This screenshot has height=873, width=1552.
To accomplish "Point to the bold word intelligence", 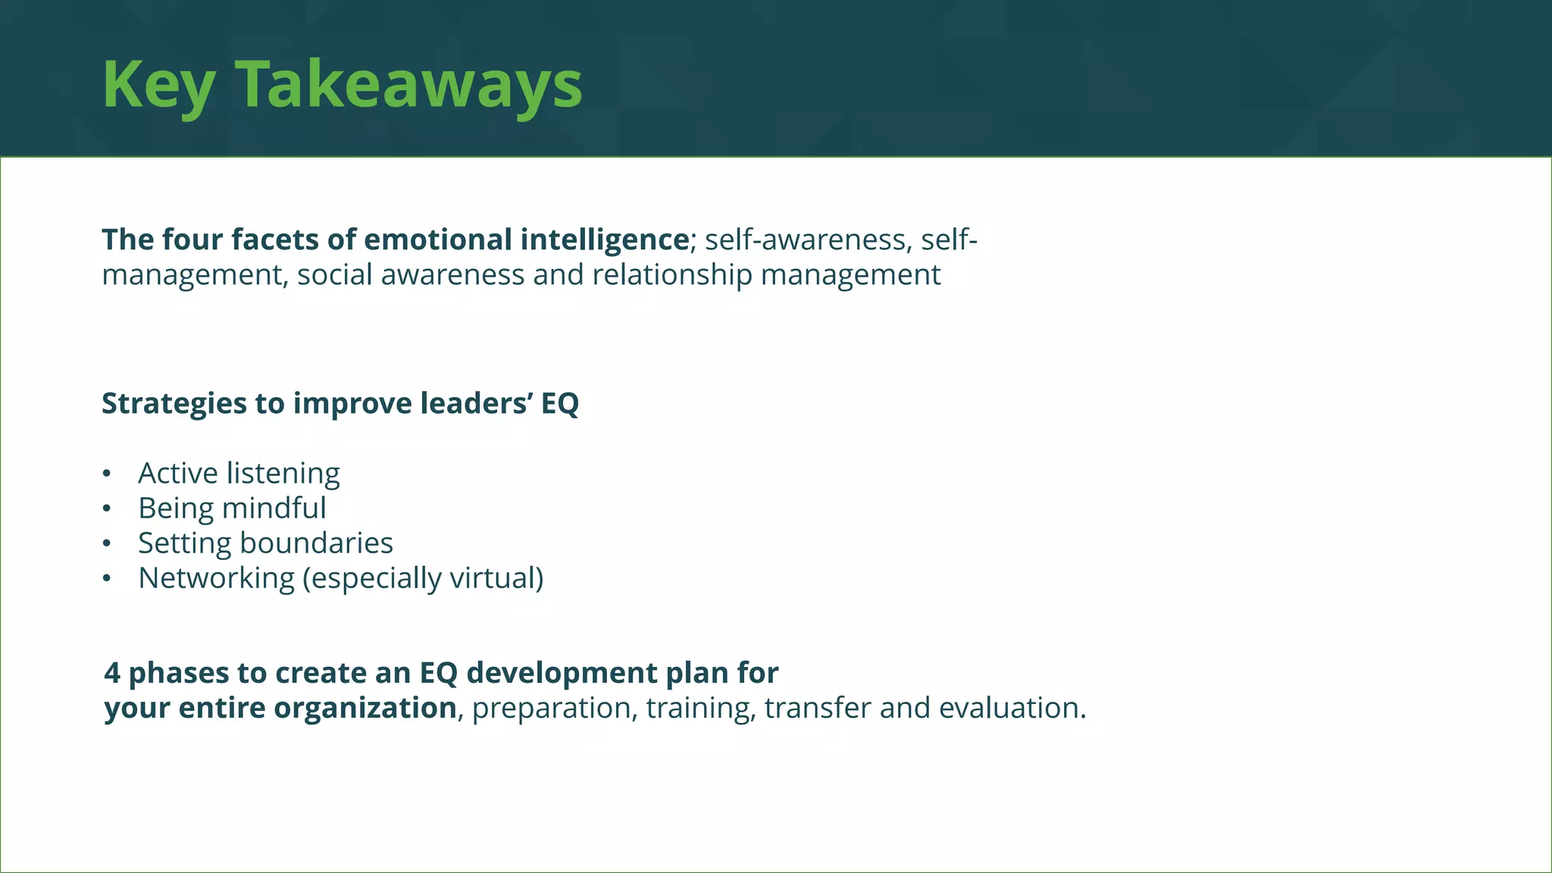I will pyautogui.click(x=604, y=239).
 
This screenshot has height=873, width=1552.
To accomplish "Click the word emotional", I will pyautogui.click(x=438, y=239).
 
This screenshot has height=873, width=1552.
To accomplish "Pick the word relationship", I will pyautogui.click(x=671, y=274).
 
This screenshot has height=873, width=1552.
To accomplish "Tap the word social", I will pyautogui.click(x=334, y=274).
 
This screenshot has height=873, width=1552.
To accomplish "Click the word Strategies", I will pyautogui.click(x=174, y=403).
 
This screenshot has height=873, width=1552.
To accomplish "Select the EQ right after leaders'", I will pyautogui.click(x=560, y=403).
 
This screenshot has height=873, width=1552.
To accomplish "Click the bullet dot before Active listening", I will pyautogui.click(x=107, y=474).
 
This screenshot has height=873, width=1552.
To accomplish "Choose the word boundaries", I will pyautogui.click(x=316, y=543).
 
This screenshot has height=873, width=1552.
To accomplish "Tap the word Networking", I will pyautogui.click(x=216, y=578).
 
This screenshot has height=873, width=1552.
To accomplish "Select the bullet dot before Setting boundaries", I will pyautogui.click(x=107, y=543).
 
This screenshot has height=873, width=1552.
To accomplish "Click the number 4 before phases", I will pyautogui.click(x=112, y=673).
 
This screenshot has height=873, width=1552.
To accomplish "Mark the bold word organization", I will pyautogui.click(x=365, y=708).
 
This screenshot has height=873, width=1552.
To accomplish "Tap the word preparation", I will pyautogui.click(x=551, y=709).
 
